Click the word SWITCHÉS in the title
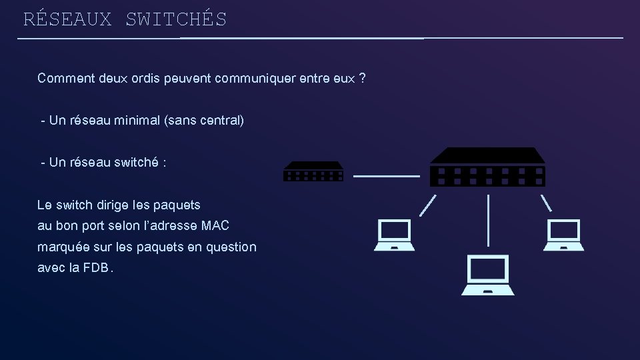tap(176, 19)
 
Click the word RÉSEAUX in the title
tap(67, 19)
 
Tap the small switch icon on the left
tap(313, 171)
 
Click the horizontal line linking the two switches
tap(386, 176)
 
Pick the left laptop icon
tap(394, 235)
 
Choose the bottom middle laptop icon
tap(489, 275)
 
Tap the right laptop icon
tap(563, 235)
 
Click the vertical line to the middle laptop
tap(489, 220)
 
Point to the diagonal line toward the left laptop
tap(428, 205)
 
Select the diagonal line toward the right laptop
tap(545, 202)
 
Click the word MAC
tap(215, 226)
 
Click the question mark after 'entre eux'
tap(361, 79)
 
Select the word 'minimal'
tap(135, 121)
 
